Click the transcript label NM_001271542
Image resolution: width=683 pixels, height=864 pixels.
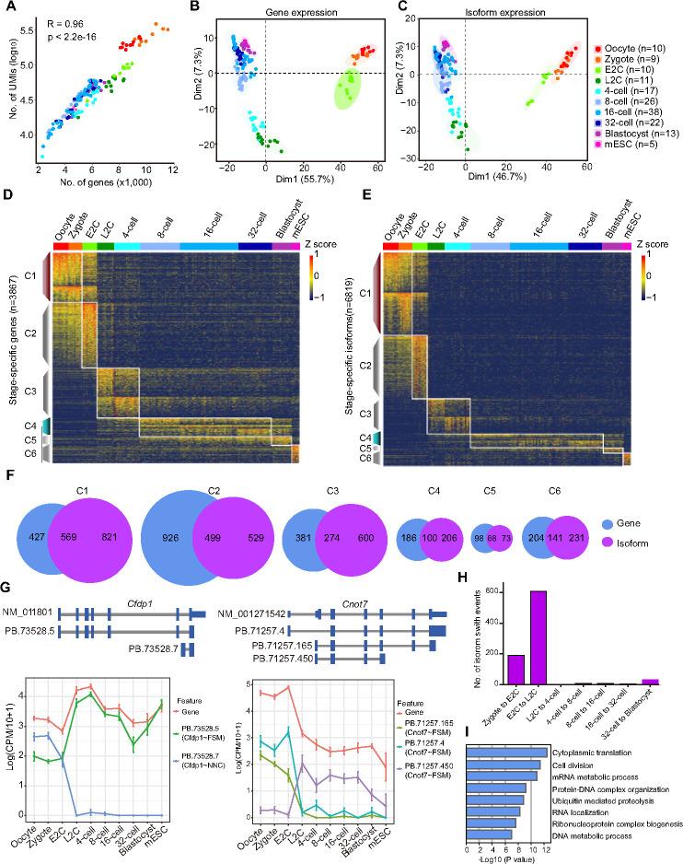tap(249, 612)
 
